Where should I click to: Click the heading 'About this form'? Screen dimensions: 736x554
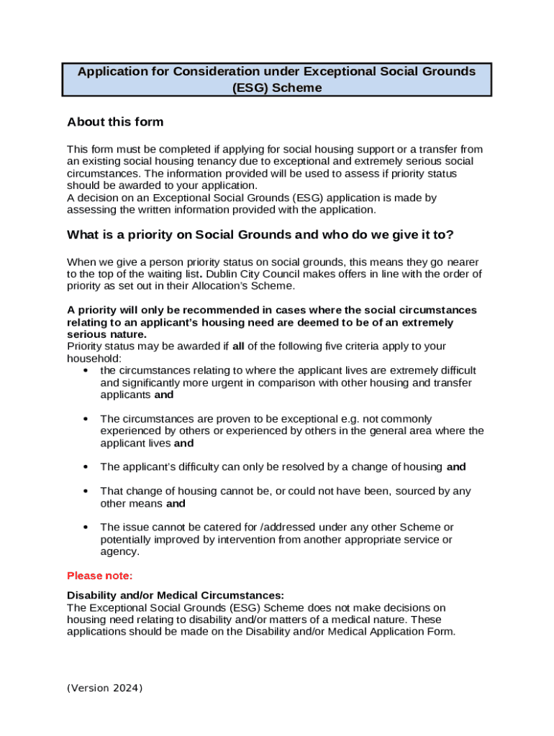click(115, 121)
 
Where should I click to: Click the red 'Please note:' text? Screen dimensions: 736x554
click(100, 576)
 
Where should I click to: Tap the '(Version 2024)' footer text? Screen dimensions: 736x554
click(105, 688)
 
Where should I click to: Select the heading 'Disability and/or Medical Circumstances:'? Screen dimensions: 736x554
click(176, 595)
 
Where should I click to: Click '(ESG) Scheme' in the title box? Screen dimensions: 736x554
click(277, 88)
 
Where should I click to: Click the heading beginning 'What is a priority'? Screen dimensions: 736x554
click(260, 235)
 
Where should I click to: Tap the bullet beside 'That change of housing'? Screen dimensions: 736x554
click(86, 492)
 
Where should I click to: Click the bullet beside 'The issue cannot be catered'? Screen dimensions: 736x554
click(86, 528)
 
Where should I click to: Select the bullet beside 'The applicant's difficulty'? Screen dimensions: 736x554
click(86, 467)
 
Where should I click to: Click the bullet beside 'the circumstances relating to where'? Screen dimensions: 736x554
click(86, 371)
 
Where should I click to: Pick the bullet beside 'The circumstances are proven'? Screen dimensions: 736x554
click(86, 419)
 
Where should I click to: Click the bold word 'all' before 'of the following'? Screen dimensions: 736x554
click(239, 346)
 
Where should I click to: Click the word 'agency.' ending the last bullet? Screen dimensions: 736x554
click(119, 552)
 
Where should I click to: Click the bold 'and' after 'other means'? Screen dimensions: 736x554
click(176, 504)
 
